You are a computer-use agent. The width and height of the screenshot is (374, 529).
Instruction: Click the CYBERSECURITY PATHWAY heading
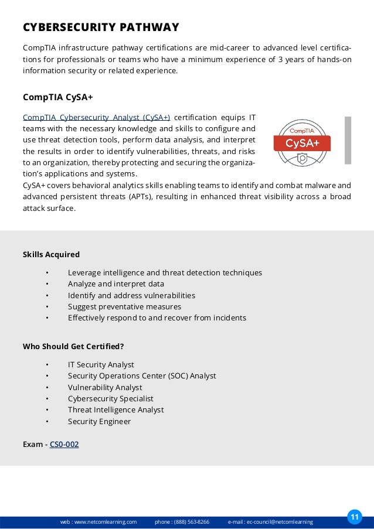click(x=100, y=28)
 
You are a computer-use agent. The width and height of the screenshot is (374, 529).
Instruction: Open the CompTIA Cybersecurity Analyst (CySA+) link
click(x=96, y=117)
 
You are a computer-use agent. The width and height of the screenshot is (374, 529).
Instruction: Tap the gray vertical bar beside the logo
click(x=348, y=140)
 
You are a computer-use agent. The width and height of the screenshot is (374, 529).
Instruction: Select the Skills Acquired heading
click(x=51, y=255)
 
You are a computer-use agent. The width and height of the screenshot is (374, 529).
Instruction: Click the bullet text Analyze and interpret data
click(x=115, y=284)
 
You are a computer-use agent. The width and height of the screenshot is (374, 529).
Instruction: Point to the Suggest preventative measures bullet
click(x=124, y=307)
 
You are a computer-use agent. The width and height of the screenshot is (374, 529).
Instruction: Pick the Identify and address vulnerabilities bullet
click(x=131, y=295)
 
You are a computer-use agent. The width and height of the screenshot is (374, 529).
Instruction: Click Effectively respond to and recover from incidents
click(x=157, y=318)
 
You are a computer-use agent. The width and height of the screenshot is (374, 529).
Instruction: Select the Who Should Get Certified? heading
click(x=73, y=346)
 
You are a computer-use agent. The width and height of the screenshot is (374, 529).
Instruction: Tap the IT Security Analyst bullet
click(x=101, y=364)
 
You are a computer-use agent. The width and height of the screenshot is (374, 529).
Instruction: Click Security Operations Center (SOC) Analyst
click(x=142, y=376)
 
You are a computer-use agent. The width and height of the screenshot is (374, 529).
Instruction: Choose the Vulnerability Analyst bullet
click(x=105, y=387)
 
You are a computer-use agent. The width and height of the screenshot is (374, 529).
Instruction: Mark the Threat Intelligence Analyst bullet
click(x=115, y=410)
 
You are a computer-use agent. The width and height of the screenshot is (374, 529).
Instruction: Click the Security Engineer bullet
click(x=99, y=421)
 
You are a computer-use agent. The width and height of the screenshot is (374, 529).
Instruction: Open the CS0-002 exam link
click(x=64, y=445)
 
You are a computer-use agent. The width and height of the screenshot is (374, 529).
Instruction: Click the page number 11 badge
click(x=354, y=517)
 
